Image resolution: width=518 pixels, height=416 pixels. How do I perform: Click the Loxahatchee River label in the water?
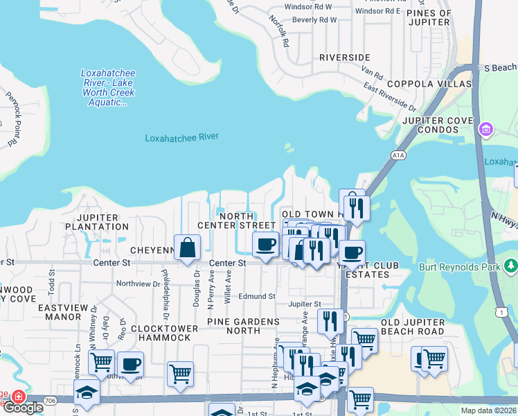coord(181,138)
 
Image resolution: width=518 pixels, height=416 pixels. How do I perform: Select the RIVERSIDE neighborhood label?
coord(344,57)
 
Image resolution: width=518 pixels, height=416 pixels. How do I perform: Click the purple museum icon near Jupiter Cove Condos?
coord(485,128)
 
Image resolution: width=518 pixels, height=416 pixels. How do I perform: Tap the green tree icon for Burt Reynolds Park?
coord(511,266)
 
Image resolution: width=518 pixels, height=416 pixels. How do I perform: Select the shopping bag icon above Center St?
coord(187,248)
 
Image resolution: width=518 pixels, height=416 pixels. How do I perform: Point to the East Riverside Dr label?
coord(391,98)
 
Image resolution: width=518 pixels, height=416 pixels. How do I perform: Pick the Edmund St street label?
coord(257,296)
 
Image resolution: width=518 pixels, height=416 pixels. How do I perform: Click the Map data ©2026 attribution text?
coord(488,410)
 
